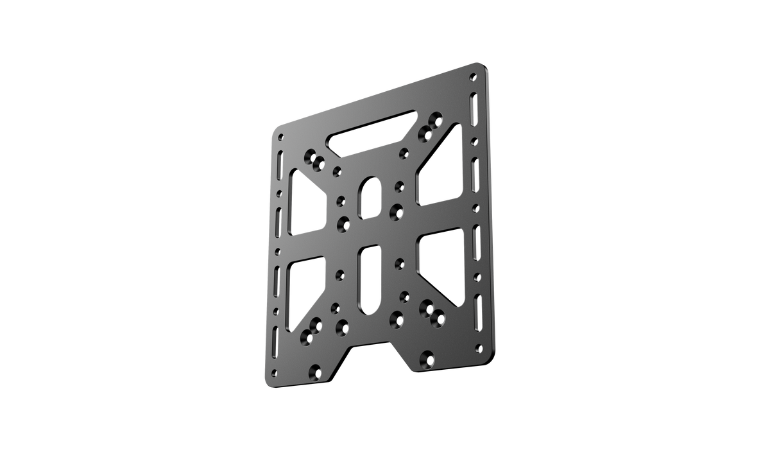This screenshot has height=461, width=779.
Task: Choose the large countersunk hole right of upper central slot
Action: (397, 209)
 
